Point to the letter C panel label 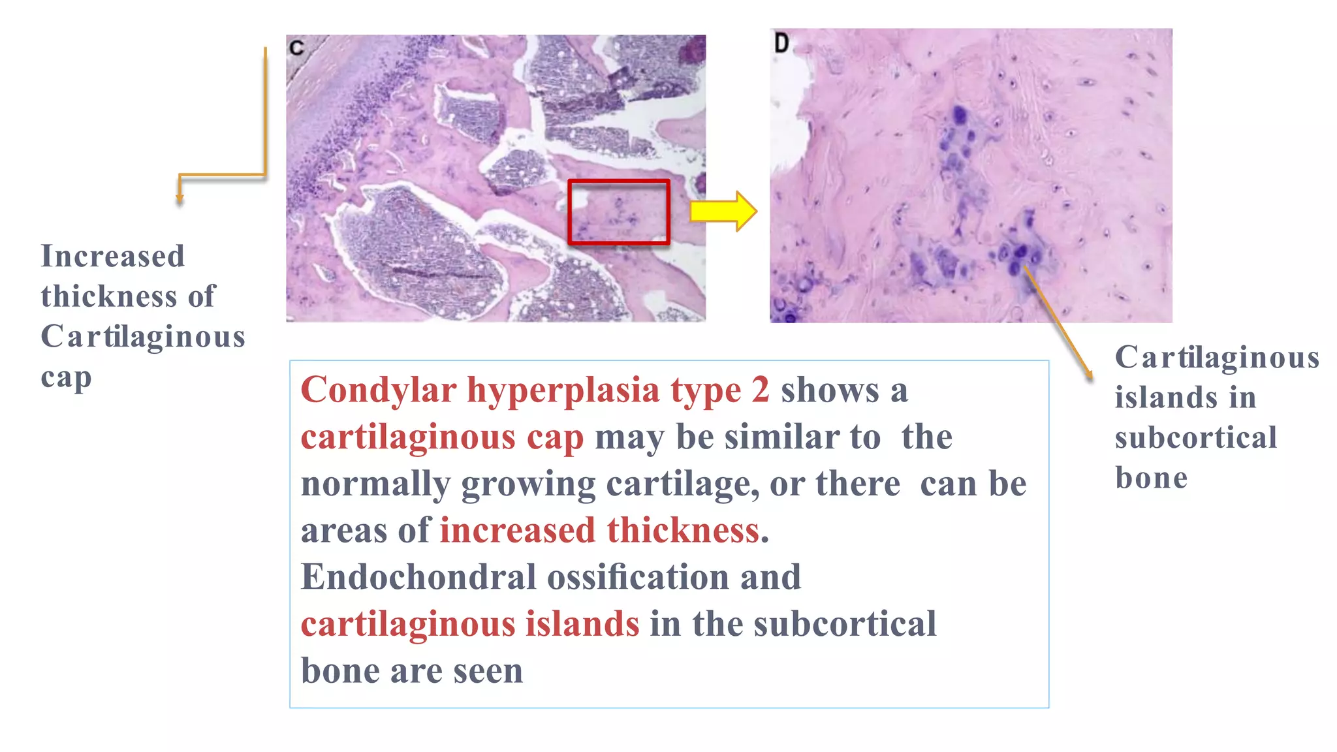coord(296,48)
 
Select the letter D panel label coord(781,44)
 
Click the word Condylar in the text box coord(378,390)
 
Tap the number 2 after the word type coord(760,390)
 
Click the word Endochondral coord(418,577)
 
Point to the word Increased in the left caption coord(113,256)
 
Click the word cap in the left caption coord(66,377)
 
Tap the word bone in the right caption coord(1151,478)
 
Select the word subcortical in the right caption coord(1195,437)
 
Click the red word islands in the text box coord(582,624)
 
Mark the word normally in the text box coord(375,484)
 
